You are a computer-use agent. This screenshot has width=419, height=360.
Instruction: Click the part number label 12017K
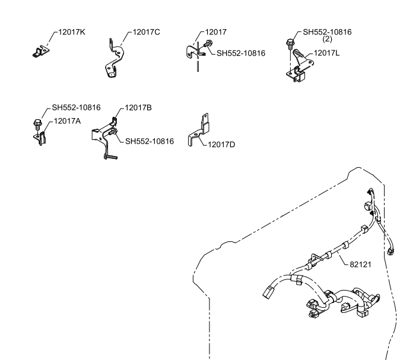pyautogui.click(x=72, y=32)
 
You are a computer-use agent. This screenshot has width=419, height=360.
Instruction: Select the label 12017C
pyautogui.click(x=146, y=32)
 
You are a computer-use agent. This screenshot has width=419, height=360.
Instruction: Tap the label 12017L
pyautogui.click(x=326, y=53)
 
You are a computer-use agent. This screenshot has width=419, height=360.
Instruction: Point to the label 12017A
pyautogui.click(x=67, y=121)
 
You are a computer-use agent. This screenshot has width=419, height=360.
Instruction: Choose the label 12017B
pyautogui.click(x=138, y=108)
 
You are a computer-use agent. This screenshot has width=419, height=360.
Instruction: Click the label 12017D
pyautogui.click(x=221, y=145)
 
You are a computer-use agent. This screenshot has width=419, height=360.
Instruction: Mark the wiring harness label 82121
pyautogui.click(x=360, y=265)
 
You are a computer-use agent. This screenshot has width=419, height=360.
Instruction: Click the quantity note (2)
pyautogui.click(x=327, y=39)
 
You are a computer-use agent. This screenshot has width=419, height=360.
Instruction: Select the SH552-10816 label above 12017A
pyautogui.click(x=76, y=107)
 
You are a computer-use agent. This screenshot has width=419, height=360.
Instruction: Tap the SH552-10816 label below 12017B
pyautogui.click(x=150, y=141)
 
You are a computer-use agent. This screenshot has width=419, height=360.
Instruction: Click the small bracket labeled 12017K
pyautogui.click(x=41, y=51)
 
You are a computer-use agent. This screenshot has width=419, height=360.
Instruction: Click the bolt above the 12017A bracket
pyautogui.click(x=37, y=124)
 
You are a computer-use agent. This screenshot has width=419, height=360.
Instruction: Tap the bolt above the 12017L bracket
pyautogui.click(x=290, y=44)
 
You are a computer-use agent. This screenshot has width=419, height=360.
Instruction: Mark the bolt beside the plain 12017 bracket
pyautogui.click(x=208, y=44)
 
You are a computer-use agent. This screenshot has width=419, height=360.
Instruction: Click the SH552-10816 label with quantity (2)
pyautogui.click(x=327, y=32)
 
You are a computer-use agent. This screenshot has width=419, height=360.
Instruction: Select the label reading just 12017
pyautogui.click(x=215, y=32)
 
